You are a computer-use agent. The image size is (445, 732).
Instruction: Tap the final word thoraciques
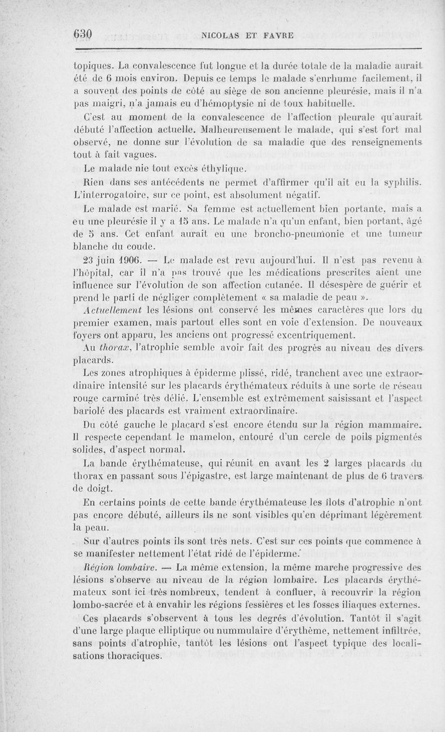(133, 655)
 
